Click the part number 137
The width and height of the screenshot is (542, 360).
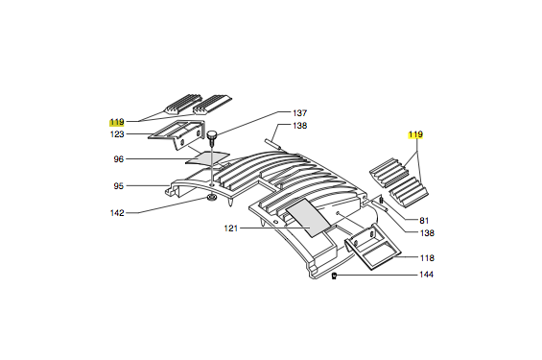(299, 112)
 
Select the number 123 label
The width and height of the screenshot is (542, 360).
(117, 134)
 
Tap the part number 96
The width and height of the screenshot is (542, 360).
(119, 159)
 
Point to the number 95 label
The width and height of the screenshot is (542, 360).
(119, 186)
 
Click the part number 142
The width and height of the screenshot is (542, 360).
(117, 213)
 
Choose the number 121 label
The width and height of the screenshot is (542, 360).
(231, 228)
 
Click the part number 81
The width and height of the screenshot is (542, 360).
(424, 221)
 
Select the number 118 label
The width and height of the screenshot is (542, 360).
(427, 258)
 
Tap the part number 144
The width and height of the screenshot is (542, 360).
(426, 275)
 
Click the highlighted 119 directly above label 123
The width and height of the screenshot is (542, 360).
(117, 122)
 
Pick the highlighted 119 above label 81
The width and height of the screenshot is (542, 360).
(415, 134)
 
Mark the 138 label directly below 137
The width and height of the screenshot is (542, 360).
(299, 126)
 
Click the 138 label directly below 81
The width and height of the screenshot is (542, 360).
(427, 233)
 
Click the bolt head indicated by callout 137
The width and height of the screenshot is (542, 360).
(211, 134)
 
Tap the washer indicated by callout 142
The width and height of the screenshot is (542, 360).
(211, 198)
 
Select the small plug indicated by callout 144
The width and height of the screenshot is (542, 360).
(334, 276)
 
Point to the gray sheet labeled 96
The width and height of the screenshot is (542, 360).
(207, 157)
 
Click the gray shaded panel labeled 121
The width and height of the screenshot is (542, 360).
(308, 218)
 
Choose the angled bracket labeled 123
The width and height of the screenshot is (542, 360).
(177, 133)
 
